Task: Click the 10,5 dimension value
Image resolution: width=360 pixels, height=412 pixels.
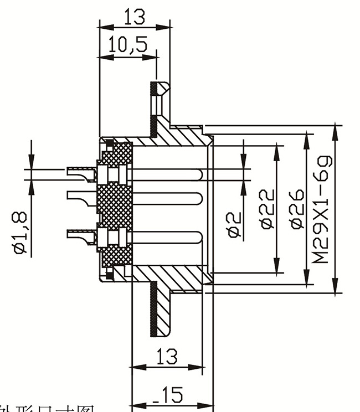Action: pyautogui.click(x=128, y=45)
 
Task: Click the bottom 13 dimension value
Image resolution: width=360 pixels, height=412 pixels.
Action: pyautogui.click(x=167, y=356)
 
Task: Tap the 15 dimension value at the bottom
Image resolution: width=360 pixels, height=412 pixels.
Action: pyautogui.click(x=169, y=395)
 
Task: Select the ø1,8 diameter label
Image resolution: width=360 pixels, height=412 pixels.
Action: pyautogui.click(x=20, y=232)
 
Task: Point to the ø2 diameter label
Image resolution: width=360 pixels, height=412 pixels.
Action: pyautogui.click(x=235, y=224)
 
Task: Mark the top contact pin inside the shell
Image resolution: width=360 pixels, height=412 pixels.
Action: pyautogui.click(x=166, y=174)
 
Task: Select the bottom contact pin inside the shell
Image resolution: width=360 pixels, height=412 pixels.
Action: pyautogui.click(x=166, y=238)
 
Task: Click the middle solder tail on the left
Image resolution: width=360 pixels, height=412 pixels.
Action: pyautogui.click(x=80, y=197)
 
